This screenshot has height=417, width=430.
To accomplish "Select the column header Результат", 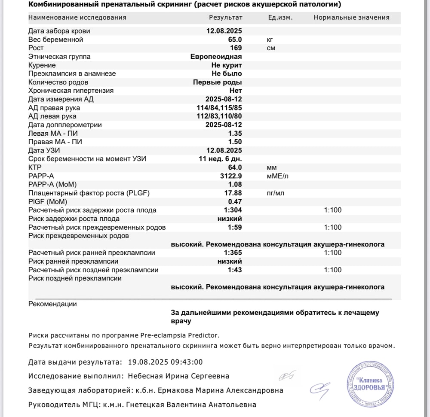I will click(x=225, y=18).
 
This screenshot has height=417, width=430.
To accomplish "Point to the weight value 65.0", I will click(x=234, y=40).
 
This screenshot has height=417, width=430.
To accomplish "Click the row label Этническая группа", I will click(x=59, y=57).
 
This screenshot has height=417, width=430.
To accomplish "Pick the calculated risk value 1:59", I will click(x=235, y=227).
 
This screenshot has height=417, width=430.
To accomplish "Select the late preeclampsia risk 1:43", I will click(x=235, y=270).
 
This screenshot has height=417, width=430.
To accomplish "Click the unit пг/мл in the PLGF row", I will click(x=275, y=193).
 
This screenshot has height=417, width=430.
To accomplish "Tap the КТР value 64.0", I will click(x=234, y=167).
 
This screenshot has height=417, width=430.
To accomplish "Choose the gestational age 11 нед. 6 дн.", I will click(x=218, y=159).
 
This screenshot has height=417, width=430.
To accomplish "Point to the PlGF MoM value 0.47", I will click(x=235, y=201).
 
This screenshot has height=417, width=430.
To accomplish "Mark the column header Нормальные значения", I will click(x=351, y=18).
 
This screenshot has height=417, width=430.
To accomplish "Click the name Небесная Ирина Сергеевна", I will click(x=178, y=376).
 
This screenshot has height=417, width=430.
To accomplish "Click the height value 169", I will click(x=236, y=48).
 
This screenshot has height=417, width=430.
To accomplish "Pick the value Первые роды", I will click(x=217, y=82).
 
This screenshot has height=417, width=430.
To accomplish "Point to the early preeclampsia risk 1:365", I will click(x=233, y=253).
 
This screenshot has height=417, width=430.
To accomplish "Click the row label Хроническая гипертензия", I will click(x=71, y=91).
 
